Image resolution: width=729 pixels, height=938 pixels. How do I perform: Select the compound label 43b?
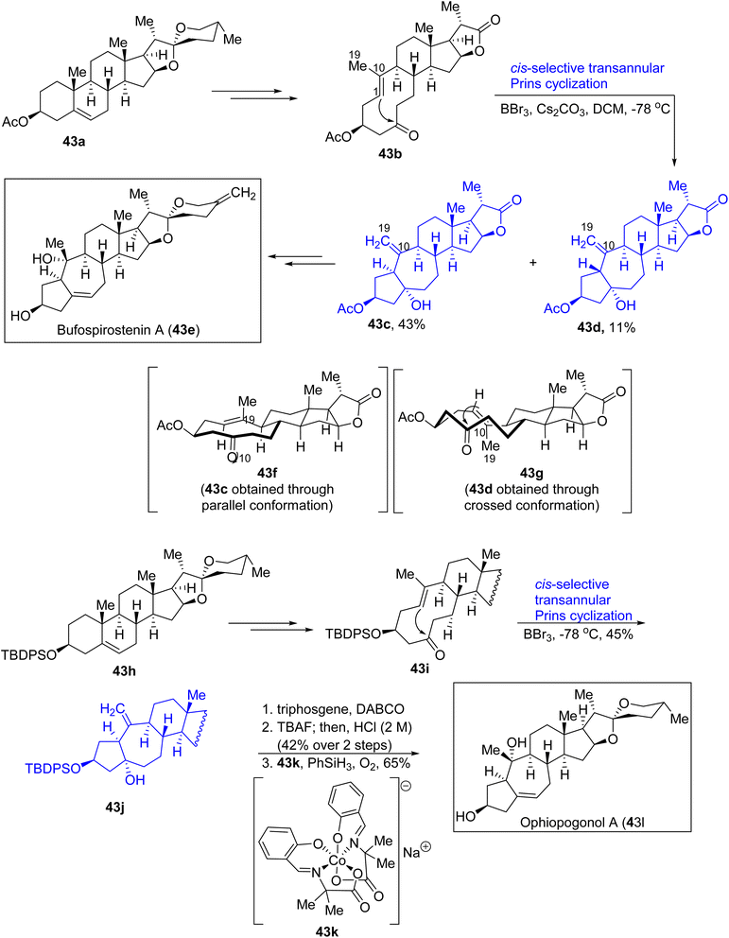[x=390, y=154]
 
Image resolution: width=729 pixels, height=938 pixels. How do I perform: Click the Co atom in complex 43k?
[x=338, y=860]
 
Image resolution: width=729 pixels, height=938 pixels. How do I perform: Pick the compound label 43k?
[x=326, y=930]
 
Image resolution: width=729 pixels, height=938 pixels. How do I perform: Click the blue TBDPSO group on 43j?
[x=52, y=768]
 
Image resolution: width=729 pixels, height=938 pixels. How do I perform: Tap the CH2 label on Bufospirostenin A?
[x=243, y=195]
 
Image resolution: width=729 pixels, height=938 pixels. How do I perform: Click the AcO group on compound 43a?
[x=14, y=122]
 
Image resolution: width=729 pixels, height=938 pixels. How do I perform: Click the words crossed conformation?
[x=531, y=505]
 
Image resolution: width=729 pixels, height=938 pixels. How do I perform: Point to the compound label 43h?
[x=125, y=670]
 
